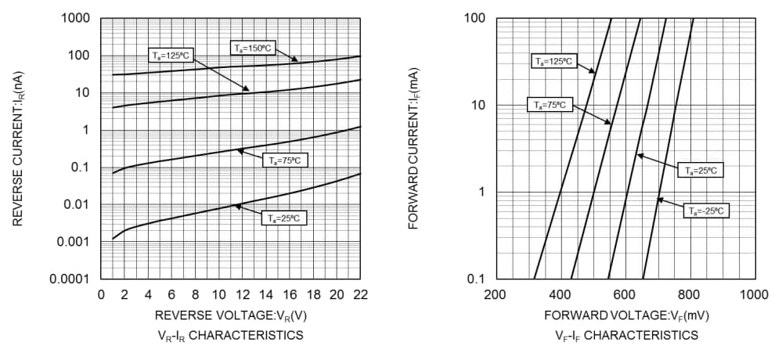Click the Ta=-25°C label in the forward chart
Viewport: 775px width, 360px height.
point(706,211)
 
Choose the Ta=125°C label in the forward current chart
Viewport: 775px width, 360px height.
point(553,61)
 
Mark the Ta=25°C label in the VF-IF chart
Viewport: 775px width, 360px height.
point(700,170)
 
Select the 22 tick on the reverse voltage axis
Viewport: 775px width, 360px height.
point(360,294)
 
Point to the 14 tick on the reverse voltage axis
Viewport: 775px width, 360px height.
point(266,294)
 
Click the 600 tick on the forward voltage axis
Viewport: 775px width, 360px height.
point(625,294)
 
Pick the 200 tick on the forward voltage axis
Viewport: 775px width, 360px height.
point(495,294)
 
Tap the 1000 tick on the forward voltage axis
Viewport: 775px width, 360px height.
point(753,294)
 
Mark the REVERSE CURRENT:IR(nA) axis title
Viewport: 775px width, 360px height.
point(17,149)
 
